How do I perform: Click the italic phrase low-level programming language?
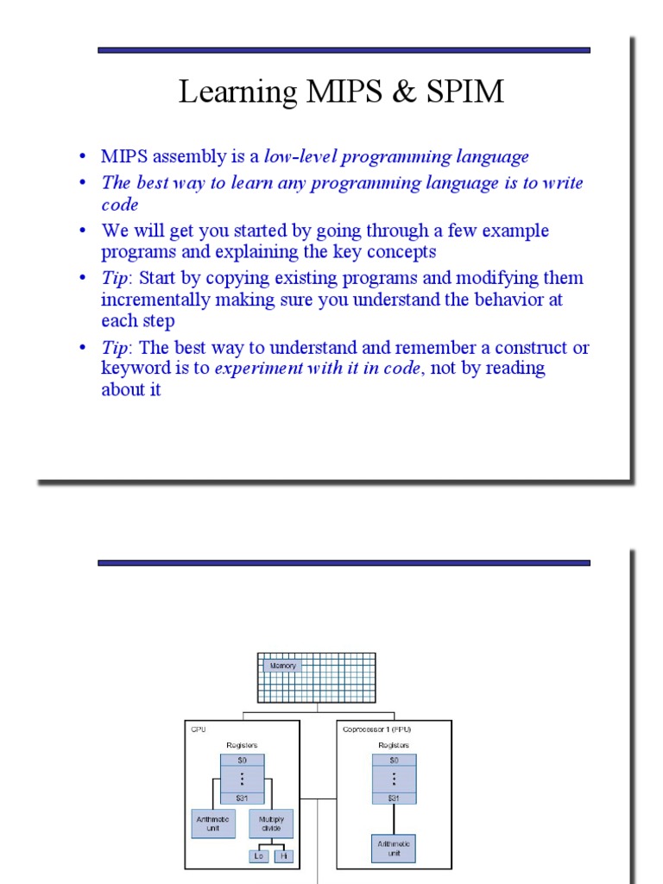pyautogui.click(x=396, y=157)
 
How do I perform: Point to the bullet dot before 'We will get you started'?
pyautogui.click(x=83, y=231)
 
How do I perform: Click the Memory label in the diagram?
pyautogui.click(x=282, y=666)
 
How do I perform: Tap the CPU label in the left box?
pyautogui.click(x=199, y=729)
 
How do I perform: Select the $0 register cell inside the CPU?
pyautogui.click(x=242, y=761)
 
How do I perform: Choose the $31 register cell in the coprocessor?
pyautogui.click(x=394, y=799)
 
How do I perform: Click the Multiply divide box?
pyautogui.click(x=271, y=824)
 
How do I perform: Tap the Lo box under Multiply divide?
pyautogui.click(x=259, y=856)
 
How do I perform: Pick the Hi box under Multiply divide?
pyautogui.click(x=283, y=856)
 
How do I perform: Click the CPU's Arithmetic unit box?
pyautogui.click(x=212, y=824)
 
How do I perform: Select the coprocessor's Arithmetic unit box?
pyautogui.click(x=394, y=848)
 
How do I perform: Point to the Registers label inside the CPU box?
pyautogui.click(x=242, y=744)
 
